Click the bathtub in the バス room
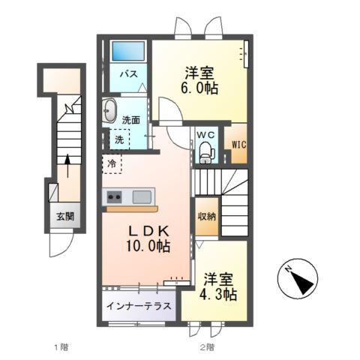(x=127, y=52)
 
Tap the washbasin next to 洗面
(x=110, y=110)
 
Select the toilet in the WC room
(x=206, y=153)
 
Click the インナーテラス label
(x=138, y=307)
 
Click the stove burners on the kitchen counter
(x=115, y=196)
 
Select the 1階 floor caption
(x=61, y=346)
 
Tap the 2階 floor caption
(x=206, y=346)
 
